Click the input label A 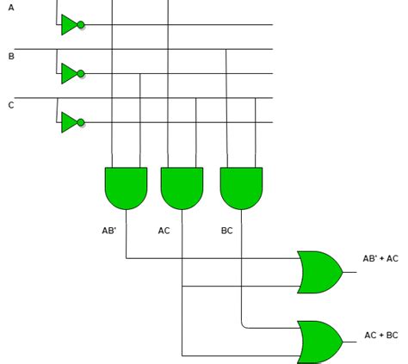point(10,7)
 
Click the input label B point(11,57)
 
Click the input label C point(11,105)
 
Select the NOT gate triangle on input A point(69,25)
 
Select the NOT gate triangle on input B point(69,74)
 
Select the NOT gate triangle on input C point(69,122)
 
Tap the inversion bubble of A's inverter point(82,25)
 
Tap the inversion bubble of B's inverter point(82,74)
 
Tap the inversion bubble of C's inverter point(82,122)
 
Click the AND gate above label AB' point(126,188)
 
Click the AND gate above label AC point(182,188)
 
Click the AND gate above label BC point(241,188)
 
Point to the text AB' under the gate point(108,231)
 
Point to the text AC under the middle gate point(164,231)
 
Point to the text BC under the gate point(226,231)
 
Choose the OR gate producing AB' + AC point(318,272)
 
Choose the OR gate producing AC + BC point(318,341)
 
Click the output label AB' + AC point(380,258)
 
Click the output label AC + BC point(380,335)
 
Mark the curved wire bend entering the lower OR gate point(244,325)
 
